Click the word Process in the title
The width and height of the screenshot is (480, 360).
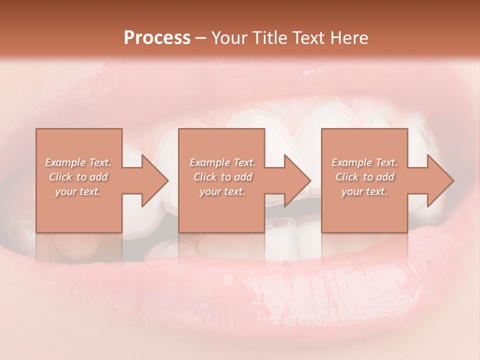tap(157, 37)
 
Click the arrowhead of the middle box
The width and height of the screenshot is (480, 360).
tap(297, 180)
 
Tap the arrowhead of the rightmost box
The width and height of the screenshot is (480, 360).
tap(440, 180)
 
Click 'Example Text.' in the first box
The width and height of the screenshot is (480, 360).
tap(78, 162)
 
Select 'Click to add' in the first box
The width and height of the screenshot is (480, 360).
tap(78, 177)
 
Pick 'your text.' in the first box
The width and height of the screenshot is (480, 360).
tap(78, 191)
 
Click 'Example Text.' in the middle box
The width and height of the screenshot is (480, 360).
tap(222, 162)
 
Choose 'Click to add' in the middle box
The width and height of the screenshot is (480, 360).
tap(222, 177)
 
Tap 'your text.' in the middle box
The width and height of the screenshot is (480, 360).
tap(222, 191)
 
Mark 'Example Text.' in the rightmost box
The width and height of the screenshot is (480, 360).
tap(364, 162)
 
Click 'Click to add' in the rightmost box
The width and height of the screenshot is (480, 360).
tap(364, 177)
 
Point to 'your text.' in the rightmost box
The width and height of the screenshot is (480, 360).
tap(364, 191)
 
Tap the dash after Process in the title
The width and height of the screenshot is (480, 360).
tap(201, 38)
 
